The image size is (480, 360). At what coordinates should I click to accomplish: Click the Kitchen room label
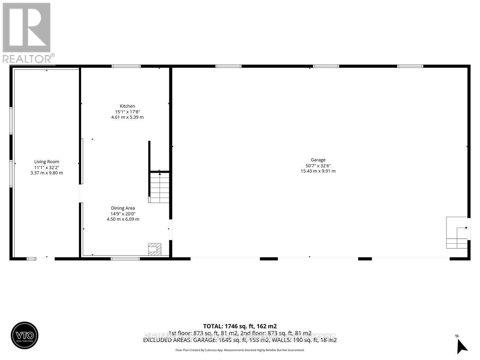point(127,106)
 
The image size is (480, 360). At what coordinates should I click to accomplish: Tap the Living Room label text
point(47,162)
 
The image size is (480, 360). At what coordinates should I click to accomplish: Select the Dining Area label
point(123,208)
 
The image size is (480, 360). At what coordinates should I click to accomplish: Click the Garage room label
point(318,160)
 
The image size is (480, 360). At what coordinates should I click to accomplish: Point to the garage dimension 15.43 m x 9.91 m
point(318,171)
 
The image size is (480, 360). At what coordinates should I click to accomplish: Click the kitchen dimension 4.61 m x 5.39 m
point(127,117)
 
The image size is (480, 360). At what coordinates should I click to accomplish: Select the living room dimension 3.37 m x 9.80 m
point(47,173)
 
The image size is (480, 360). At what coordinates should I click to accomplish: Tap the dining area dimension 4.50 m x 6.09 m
point(123,219)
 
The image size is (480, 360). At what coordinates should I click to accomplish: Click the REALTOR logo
point(27,33)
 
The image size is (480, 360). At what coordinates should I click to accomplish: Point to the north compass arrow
point(462,346)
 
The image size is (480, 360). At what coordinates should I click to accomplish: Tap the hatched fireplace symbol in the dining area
point(154,249)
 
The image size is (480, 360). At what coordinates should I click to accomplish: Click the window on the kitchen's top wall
point(126,66)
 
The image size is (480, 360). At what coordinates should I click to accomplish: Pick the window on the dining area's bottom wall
point(125,258)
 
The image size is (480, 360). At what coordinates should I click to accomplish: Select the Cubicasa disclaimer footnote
point(240,350)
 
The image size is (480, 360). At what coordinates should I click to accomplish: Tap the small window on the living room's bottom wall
point(32,258)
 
